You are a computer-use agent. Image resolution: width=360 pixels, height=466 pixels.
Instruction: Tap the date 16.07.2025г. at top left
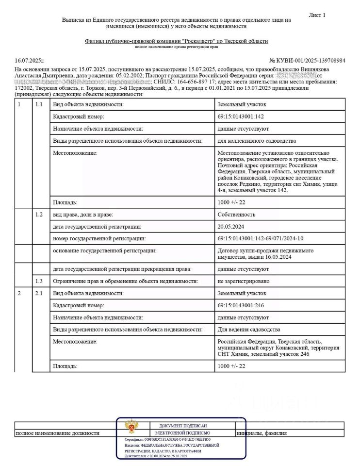pos(30,61)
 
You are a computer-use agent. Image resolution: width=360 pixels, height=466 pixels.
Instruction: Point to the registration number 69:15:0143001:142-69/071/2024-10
pos(261,238)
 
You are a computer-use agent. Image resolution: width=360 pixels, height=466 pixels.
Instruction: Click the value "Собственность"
pos(236,215)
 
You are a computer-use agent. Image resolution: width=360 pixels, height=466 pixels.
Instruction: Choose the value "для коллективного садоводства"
pos(257,141)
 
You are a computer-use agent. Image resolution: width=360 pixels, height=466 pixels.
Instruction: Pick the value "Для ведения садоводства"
pos(249,329)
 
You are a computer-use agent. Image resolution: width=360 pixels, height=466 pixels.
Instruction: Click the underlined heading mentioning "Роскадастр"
pos(176,42)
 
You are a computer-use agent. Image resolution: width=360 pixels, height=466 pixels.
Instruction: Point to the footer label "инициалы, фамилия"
pos(262,433)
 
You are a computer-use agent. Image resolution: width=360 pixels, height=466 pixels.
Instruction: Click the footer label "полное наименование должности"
pos(58,433)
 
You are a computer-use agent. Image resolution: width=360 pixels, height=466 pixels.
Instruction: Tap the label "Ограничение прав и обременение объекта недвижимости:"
pos(125,281)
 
